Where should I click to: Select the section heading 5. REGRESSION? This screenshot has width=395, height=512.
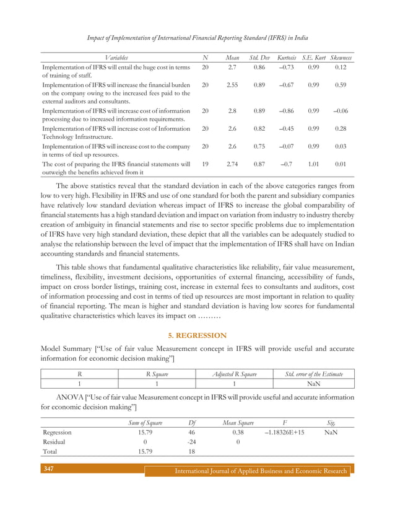(x=197, y=335)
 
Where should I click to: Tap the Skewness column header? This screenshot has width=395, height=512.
(x=341, y=57)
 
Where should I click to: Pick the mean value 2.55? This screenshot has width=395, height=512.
(x=232, y=84)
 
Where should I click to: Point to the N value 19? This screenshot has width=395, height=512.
(x=205, y=164)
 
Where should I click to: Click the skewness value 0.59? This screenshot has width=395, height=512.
(x=341, y=84)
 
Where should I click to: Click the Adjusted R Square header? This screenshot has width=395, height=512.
(x=235, y=373)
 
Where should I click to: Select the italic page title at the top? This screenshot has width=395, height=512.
(x=197, y=37)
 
